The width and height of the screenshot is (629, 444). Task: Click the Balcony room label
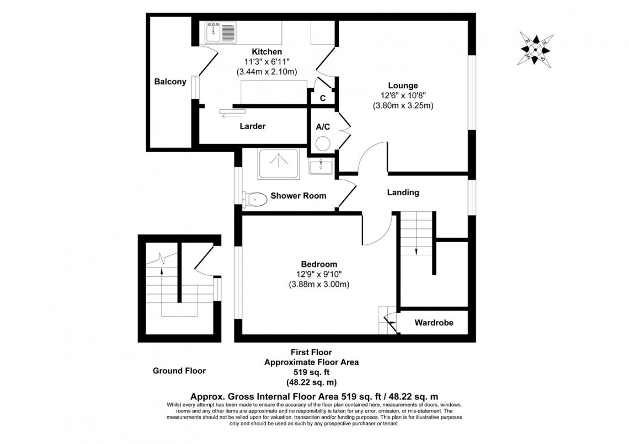click(x=169, y=82)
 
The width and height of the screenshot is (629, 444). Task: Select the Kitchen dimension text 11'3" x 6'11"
click(x=266, y=62)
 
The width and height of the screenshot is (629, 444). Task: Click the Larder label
click(x=252, y=126)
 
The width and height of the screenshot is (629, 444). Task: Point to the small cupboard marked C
click(x=323, y=98)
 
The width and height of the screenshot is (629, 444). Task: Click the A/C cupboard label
click(x=323, y=127)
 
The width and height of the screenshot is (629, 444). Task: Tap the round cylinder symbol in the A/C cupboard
click(x=323, y=144)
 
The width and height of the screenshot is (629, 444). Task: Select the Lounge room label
click(x=403, y=85)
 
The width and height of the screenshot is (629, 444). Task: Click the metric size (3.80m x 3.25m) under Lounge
click(x=403, y=105)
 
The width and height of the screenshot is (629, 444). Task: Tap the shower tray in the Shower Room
click(x=278, y=163)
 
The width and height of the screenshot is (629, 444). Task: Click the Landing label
click(x=403, y=192)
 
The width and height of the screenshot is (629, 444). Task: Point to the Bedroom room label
click(x=319, y=264)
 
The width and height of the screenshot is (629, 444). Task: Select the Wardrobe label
click(x=434, y=323)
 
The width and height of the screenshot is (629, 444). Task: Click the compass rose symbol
click(x=536, y=49)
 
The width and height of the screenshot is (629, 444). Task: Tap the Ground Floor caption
click(x=179, y=371)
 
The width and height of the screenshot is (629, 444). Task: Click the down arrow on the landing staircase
click(x=416, y=252)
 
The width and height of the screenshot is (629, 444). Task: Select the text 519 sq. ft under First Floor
click(x=311, y=372)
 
